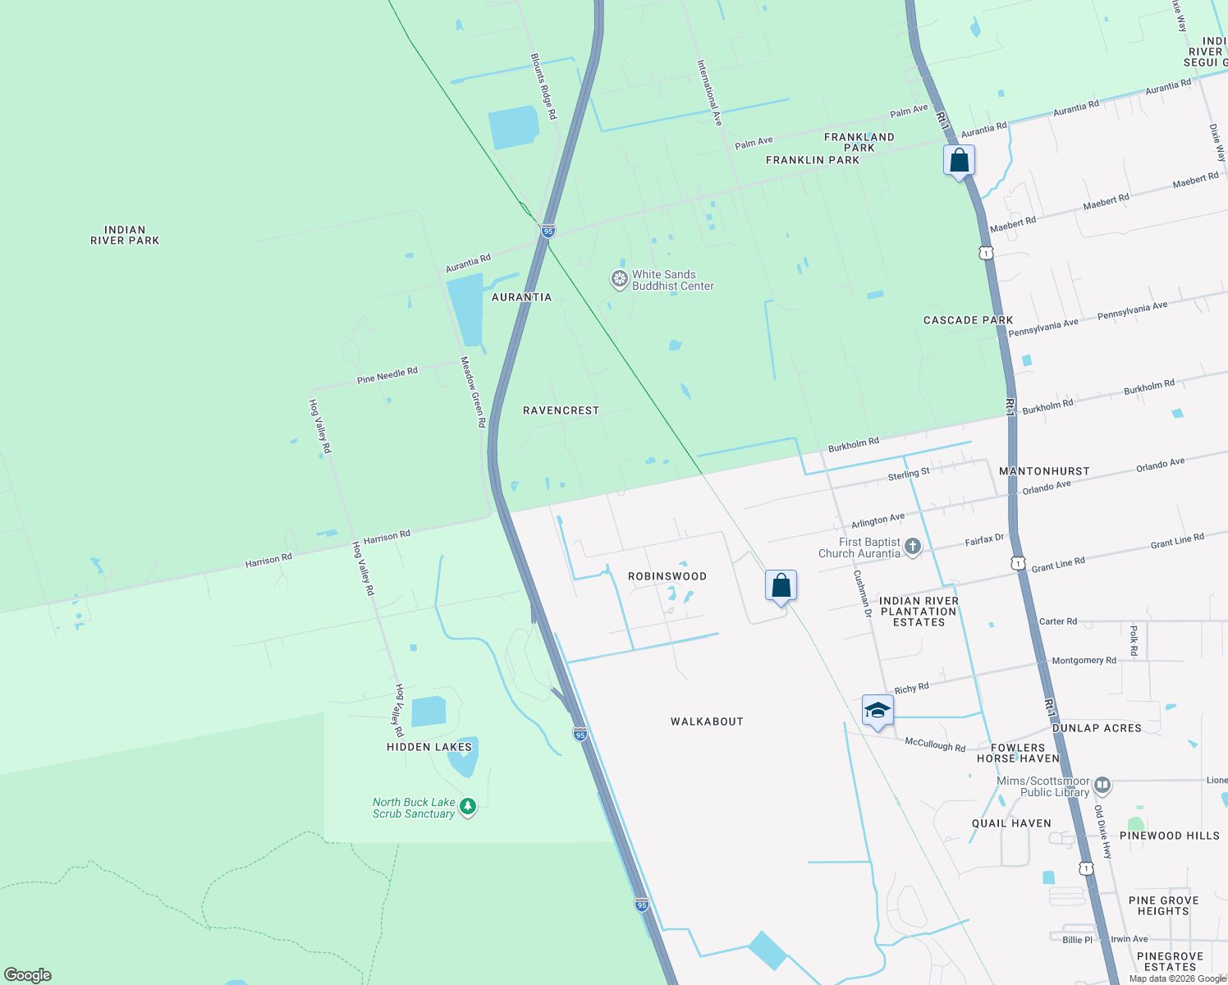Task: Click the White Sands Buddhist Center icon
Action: point(619,280)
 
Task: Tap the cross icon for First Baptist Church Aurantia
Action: point(912,547)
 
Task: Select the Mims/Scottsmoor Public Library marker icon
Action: point(1102,786)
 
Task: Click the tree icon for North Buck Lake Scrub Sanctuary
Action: point(468,807)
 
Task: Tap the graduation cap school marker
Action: point(877,711)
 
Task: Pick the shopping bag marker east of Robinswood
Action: point(781,586)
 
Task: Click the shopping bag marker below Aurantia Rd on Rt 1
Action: point(959,161)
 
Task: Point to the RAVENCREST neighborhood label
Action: point(561,410)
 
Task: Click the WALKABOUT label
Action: point(707,722)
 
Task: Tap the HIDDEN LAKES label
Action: point(429,747)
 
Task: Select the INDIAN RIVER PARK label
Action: point(125,236)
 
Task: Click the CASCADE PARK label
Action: point(968,320)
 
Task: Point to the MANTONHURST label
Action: point(1044,471)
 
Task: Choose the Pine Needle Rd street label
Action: point(387,375)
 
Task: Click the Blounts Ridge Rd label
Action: point(543,87)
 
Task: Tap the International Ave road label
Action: point(709,93)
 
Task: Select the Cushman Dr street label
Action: point(862,593)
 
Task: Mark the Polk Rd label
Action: point(1134,640)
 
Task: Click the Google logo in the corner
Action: point(28,975)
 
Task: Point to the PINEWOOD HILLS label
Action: point(1170,836)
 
